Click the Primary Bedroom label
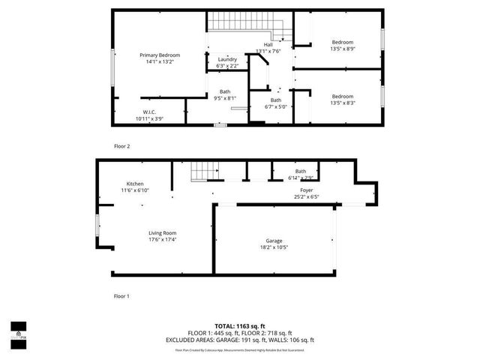(159, 55)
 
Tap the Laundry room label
(227, 59)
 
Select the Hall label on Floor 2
(268, 45)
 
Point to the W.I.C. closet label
(149, 112)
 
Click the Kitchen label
(135, 184)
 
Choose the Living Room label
(162, 233)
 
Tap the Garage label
(274, 241)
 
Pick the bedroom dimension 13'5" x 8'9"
(342, 49)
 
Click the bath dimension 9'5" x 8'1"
(225, 97)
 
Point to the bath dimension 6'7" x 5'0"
(276, 106)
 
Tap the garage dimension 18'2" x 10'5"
(274, 247)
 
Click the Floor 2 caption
(121, 146)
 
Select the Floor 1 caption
(121, 296)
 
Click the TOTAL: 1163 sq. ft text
(239, 325)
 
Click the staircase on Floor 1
(198, 173)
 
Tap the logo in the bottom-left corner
(18, 334)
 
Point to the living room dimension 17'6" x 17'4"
(162, 240)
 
